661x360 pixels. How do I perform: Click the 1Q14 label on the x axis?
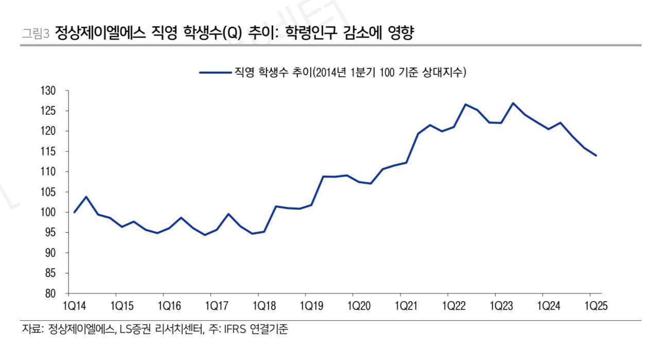pyautogui.click(x=75, y=306)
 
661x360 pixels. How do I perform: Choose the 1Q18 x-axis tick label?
pyautogui.click(x=264, y=306)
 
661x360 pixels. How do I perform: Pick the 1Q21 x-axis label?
pyautogui.click(x=407, y=306)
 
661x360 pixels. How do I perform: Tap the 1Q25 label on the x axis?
pyautogui.click(x=596, y=306)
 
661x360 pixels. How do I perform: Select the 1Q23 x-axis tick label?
pyautogui.click(x=501, y=306)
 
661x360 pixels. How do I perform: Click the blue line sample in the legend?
pyautogui.click(x=215, y=73)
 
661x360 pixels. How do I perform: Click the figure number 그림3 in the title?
pyautogui.click(x=35, y=34)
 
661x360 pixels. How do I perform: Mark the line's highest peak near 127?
pyautogui.click(x=513, y=103)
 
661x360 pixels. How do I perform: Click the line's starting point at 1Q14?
pyautogui.click(x=75, y=212)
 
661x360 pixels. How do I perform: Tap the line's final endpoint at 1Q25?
pyautogui.click(x=596, y=156)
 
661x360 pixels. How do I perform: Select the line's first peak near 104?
pyautogui.click(x=86, y=197)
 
